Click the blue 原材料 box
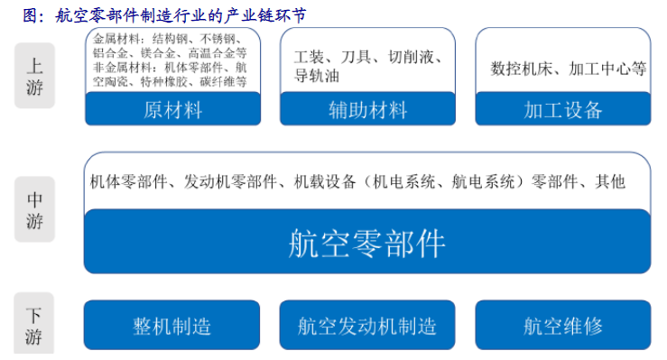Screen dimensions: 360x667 [172, 110]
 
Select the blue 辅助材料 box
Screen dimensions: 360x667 [367, 110]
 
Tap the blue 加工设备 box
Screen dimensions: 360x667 [562, 110]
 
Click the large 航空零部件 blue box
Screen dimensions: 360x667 [366, 242]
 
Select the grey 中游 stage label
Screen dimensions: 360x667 [34, 208]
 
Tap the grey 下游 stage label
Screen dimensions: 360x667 [34, 326]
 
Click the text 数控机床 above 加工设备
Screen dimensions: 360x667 [521, 68]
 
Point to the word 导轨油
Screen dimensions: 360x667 [316, 76]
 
